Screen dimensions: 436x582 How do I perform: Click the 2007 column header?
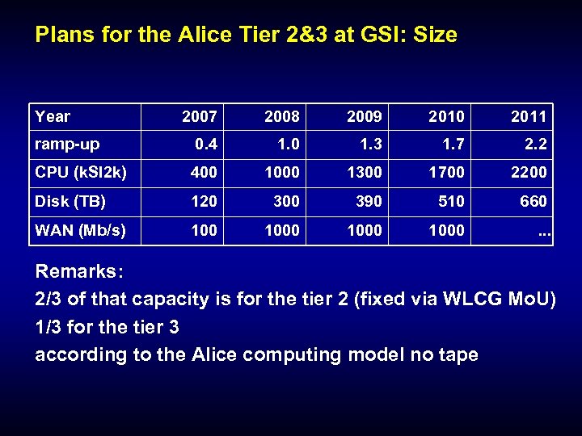point(199,117)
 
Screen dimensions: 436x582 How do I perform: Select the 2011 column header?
point(529,117)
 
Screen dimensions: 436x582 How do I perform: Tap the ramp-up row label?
point(67,145)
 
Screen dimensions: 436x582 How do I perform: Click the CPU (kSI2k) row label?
point(81,173)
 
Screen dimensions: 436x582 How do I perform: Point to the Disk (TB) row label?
point(71,201)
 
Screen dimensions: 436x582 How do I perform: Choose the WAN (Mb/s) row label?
point(81,230)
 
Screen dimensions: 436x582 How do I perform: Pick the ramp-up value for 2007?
point(205,145)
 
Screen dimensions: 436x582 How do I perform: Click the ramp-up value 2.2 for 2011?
point(535,145)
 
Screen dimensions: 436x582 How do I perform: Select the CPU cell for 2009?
point(364,174)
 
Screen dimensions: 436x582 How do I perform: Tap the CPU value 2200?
point(529,174)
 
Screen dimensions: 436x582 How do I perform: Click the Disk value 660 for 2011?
point(533,202)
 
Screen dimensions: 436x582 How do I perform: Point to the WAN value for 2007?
point(204,231)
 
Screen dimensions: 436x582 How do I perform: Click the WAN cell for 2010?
point(446,231)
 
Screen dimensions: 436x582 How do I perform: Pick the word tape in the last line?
point(458,354)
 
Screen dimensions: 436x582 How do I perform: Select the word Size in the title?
point(436,35)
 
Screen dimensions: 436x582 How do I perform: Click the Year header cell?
point(53,116)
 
